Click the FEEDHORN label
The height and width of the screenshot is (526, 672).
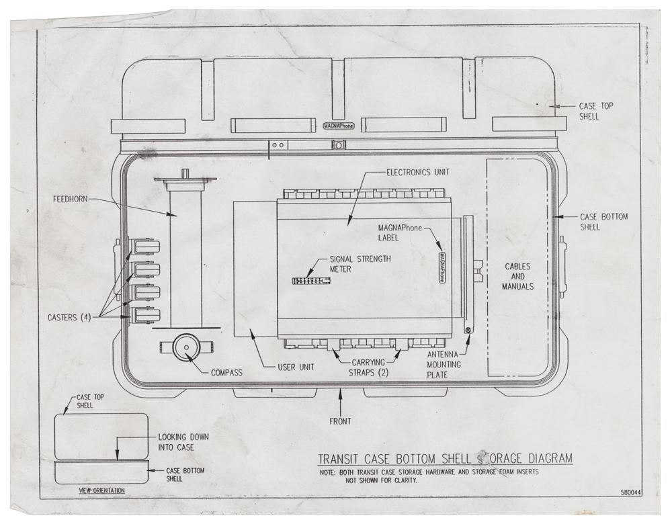[x=71, y=200]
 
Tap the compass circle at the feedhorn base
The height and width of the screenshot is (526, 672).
[x=186, y=348]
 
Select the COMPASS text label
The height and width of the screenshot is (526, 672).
[x=226, y=373]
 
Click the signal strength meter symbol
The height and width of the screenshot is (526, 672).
[x=311, y=281]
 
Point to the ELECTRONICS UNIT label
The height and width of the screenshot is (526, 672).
[x=418, y=172]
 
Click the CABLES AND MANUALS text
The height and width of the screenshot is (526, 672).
[x=517, y=276]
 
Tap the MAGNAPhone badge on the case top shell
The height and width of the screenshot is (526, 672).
[x=339, y=126]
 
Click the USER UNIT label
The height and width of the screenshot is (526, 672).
[x=296, y=367]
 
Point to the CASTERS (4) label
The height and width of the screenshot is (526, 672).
[x=69, y=318]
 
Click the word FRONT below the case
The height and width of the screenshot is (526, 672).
[x=340, y=421]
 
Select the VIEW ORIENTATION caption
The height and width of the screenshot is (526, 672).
[x=102, y=490]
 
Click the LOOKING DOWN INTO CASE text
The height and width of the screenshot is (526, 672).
[x=183, y=442]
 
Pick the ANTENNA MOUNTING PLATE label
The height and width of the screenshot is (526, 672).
[x=444, y=365]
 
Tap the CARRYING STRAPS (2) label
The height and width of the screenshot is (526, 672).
[x=368, y=367]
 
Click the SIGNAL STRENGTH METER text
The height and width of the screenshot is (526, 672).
[x=360, y=264]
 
